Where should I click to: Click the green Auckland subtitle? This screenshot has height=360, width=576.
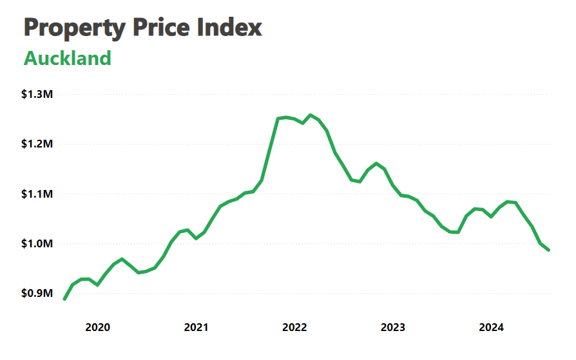(x=68, y=59)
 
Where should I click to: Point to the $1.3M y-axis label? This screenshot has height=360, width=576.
(x=37, y=95)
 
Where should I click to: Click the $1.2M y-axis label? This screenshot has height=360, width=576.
(x=37, y=144)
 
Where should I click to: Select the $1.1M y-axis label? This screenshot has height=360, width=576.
(x=37, y=194)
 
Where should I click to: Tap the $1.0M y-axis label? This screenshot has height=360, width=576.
(x=37, y=244)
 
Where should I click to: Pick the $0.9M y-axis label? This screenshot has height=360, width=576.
(x=37, y=294)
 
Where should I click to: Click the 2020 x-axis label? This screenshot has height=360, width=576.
(x=98, y=327)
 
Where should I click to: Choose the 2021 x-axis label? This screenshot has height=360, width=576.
(x=197, y=327)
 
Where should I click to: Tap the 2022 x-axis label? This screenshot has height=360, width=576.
(x=294, y=327)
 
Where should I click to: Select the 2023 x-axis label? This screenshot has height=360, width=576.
(x=393, y=327)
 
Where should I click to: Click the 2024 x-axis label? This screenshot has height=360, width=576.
(x=491, y=327)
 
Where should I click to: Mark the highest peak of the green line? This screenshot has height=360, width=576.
(x=311, y=115)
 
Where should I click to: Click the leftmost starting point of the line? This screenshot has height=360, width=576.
(x=64, y=299)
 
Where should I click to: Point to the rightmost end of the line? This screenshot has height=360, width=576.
(x=548, y=250)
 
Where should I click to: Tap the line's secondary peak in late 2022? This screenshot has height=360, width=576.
(x=376, y=164)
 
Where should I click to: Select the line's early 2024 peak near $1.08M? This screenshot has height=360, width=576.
(x=507, y=202)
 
